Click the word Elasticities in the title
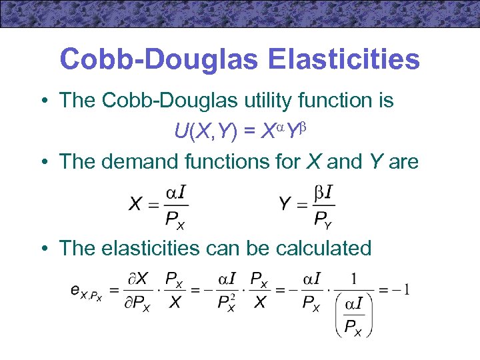pos(344,59)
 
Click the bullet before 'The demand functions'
pos(43,162)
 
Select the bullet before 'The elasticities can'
pos(43,249)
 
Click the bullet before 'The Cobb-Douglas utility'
pos(43,101)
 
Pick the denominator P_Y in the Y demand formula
pos(323,219)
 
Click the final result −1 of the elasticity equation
pos(401,289)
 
